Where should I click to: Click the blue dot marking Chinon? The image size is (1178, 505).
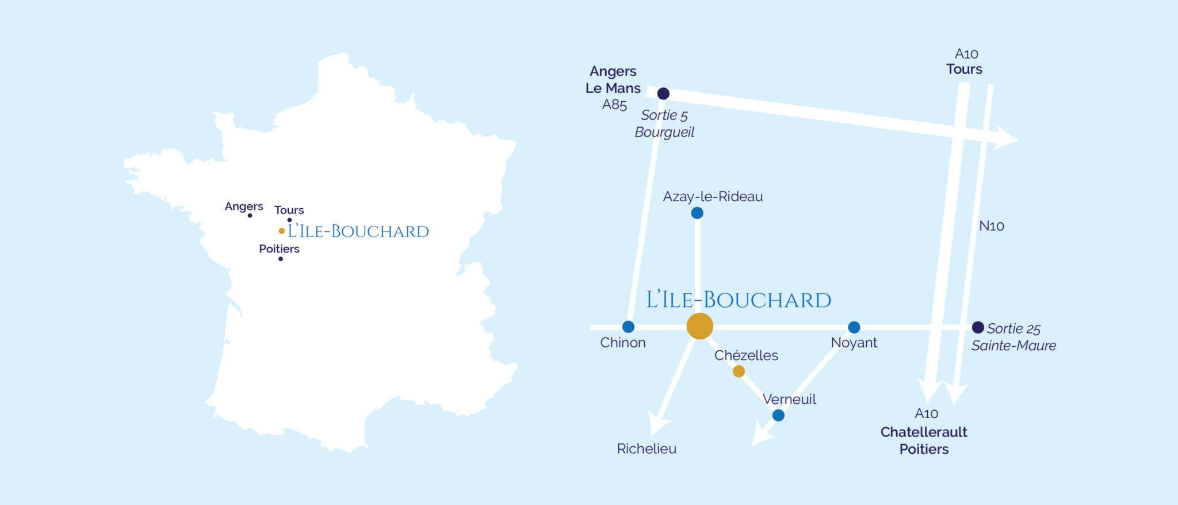pos(628,327)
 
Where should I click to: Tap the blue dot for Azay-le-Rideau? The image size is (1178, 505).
pos(697,213)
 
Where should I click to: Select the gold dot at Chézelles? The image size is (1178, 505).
pos(739,372)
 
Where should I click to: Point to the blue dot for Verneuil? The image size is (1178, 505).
pos(778,415)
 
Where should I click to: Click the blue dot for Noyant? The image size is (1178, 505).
pos(854,327)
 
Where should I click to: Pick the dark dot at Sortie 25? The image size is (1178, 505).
pos(978,327)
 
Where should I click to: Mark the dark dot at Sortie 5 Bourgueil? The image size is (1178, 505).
pos(663,93)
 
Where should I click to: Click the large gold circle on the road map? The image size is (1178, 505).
pos(700,326)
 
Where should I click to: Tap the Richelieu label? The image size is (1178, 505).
pos(647,449)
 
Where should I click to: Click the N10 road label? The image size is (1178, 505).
pos(992,226)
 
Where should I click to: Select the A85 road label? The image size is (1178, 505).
pos(614,105)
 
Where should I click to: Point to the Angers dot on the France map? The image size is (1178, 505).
pos(250,216)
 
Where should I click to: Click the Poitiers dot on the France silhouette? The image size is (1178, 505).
pos(281,259)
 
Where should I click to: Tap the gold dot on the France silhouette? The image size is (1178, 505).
pos(281,231)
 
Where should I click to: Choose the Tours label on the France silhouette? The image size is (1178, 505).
pos(289,210)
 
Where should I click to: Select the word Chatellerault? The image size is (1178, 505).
pos(924,432)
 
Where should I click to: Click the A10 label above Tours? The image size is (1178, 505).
pos(966,54)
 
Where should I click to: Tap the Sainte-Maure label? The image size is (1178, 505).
pos(1013,346)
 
